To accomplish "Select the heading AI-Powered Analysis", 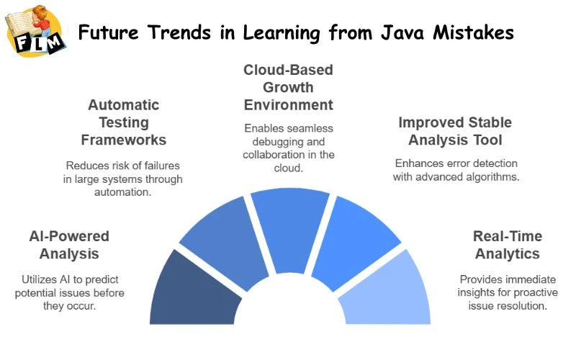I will tap(69, 245).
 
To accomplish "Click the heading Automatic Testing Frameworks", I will tap(123, 122).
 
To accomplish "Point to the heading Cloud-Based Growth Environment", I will tap(288, 87).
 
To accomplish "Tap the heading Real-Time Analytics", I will tap(507, 245).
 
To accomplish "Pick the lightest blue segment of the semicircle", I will tap(384, 292).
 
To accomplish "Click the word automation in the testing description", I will tap(124, 192).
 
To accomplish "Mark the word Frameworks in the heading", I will tap(123, 139).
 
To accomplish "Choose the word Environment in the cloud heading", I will tap(288, 105).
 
